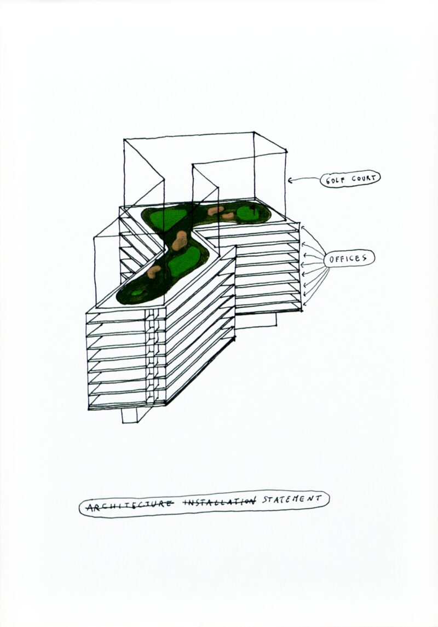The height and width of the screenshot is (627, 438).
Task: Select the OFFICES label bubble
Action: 349,259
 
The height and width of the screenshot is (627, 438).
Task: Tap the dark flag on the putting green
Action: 253,208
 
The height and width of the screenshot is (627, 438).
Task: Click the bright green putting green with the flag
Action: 250,214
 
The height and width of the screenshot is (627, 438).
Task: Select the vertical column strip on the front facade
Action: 155,356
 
